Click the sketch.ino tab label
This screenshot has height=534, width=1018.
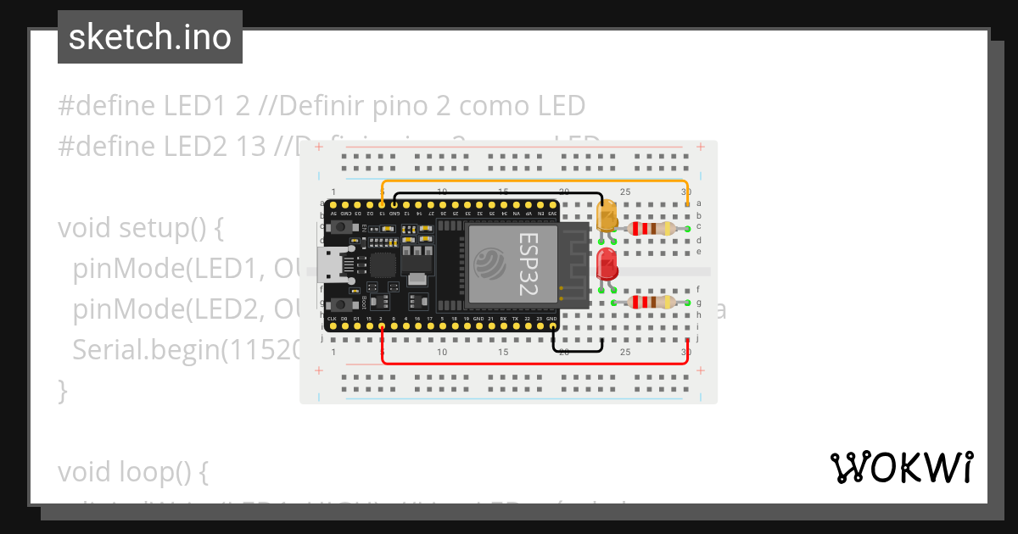(150, 37)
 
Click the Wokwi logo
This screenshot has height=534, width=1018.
(901, 467)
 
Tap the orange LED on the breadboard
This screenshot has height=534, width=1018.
(607, 217)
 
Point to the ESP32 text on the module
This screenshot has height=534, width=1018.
(529, 264)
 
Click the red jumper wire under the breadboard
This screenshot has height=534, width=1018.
(534, 363)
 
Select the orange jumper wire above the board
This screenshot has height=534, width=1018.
(534, 181)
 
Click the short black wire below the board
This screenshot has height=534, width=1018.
(578, 349)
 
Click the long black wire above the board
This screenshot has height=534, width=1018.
(501, 193)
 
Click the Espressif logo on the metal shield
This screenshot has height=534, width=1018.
(491, 264)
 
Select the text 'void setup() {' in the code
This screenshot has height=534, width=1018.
(140, 228)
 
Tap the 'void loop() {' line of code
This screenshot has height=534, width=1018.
(132, 470)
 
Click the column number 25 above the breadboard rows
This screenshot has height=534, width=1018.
(625, 192)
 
